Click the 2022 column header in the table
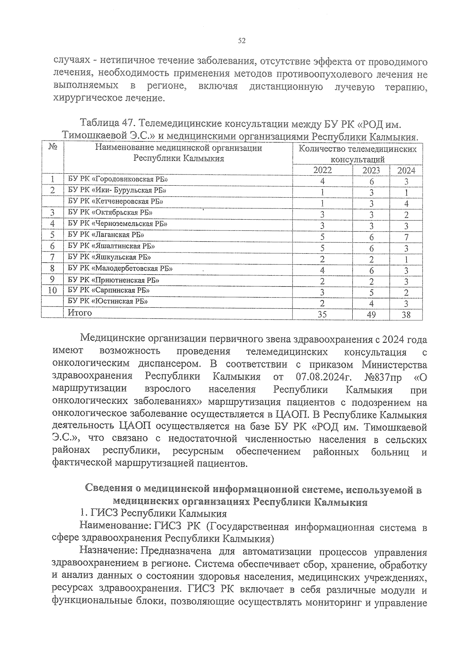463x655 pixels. (x=322, y=170)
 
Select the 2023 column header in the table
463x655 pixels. (x=371, y=170)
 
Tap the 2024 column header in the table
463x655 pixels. (x=406, y=170)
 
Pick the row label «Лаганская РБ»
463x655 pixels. (x=106, y=235)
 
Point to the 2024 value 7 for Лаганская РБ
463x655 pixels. (x=406, y=237)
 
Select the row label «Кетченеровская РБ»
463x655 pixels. (x=115, y=201)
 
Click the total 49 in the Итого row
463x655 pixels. (x=371, y=315)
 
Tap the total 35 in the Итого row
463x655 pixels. (x=322, y=315)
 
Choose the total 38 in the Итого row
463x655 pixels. (x=406, y=315)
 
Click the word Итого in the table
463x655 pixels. (x=80, y=313)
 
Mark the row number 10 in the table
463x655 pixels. (x=53, y=290)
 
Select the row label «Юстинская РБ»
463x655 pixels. (x=108, y=301)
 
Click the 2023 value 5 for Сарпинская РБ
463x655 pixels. (x=371, y=292)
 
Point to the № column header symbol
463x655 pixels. (x=53, y=147)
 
